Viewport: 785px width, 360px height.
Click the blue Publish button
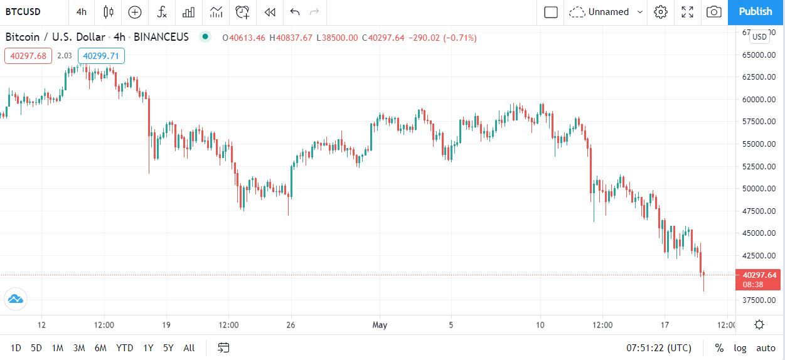[756, 11]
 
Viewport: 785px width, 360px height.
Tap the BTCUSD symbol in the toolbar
[24, 11]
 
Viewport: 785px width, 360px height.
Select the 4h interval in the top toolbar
[82, 11]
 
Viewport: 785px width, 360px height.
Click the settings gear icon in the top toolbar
[660, 11]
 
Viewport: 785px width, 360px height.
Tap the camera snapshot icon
[713, 11]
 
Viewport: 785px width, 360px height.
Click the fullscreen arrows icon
[687, 11]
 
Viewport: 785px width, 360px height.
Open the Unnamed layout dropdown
[606, 11]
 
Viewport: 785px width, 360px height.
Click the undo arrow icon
[295, 11]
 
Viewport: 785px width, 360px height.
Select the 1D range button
[16, 347]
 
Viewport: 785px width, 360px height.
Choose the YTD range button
[125, 347]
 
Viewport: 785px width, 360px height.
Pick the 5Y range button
[168, 347]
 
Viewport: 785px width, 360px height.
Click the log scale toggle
[740, 347]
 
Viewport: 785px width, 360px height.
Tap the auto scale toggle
[766, 347]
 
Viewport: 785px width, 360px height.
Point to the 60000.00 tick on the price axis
[759, 99]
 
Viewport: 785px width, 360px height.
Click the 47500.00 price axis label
[759, 211]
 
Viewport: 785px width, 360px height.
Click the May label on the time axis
[380, 325]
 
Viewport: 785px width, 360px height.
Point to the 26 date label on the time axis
[291, 325]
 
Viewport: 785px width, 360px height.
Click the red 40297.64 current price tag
[759, 275]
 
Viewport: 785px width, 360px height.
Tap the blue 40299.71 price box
[101, 56]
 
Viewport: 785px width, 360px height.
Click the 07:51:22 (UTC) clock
[659, 347]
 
